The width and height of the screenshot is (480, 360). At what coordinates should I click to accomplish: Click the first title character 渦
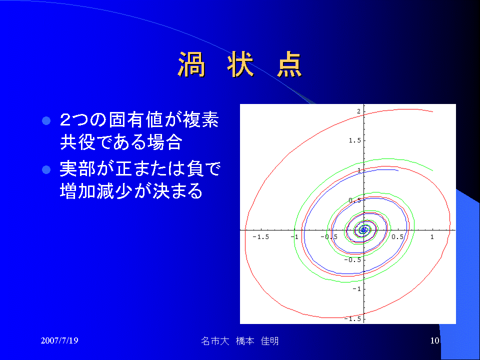(191, 64)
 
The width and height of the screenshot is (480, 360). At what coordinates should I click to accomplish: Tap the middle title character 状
(240, 64)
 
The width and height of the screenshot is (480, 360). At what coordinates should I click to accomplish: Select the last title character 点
(289, 64)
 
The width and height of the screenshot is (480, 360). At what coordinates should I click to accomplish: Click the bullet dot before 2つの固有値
(46, 120)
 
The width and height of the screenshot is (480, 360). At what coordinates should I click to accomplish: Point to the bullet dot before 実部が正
(46, 169)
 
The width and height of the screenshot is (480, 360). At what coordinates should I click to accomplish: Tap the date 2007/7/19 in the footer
(59, 340)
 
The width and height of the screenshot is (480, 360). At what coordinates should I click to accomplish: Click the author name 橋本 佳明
(257, 341)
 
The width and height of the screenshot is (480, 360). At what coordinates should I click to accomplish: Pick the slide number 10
(434, 340)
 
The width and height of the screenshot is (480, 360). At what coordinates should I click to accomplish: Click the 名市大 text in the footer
(215, 341)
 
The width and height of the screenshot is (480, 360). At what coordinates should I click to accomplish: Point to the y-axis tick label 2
(358, 111)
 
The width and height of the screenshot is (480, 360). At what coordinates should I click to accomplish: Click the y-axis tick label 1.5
(355, 140)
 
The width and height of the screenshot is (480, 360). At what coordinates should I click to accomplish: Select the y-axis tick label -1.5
(352, 318)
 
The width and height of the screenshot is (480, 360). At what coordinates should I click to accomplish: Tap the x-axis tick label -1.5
(261, 237)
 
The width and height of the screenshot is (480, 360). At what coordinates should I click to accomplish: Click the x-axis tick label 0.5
(397, 237)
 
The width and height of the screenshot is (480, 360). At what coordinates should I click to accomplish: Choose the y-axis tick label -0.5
(352, 260)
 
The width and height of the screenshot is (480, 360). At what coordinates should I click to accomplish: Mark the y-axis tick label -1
(356, 289)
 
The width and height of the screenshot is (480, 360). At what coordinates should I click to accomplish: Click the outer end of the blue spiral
(398, 170)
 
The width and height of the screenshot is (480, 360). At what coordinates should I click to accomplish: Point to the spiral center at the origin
(363, 229)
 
